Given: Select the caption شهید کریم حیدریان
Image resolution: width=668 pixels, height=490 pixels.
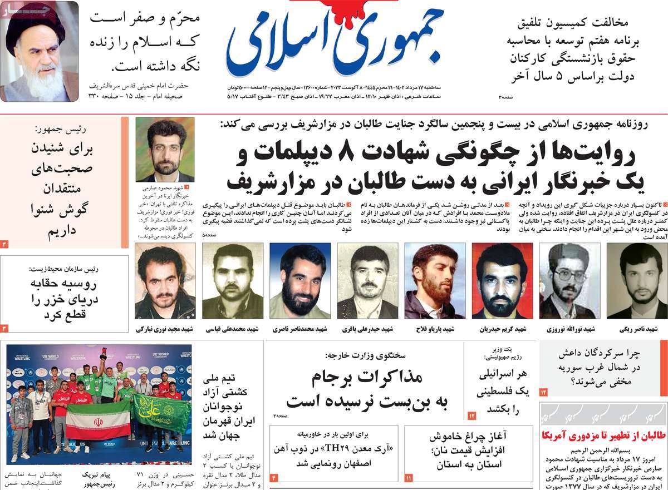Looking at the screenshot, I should coord(503,329).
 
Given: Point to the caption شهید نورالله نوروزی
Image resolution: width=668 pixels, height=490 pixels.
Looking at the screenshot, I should coord(569,329).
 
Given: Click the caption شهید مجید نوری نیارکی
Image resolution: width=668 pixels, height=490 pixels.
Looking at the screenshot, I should coord(165,329).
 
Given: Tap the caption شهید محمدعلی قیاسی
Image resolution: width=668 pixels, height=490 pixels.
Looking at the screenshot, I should coord(233,329).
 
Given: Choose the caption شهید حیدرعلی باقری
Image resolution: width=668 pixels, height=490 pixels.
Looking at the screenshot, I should coord(368,329).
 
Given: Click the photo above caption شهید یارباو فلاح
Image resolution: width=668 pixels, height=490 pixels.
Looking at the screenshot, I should coord(435,281).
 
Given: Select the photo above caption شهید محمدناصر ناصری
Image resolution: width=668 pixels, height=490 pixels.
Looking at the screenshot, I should coord(300,281).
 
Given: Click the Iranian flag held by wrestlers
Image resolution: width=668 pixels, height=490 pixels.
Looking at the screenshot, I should coord(97,420).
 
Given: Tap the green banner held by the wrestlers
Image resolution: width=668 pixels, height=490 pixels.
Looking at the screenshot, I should coord(161,415).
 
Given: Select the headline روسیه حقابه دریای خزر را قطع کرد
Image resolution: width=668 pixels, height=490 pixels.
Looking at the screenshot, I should coord(65,300).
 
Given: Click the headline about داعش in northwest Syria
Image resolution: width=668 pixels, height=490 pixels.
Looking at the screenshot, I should coord(605,367).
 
